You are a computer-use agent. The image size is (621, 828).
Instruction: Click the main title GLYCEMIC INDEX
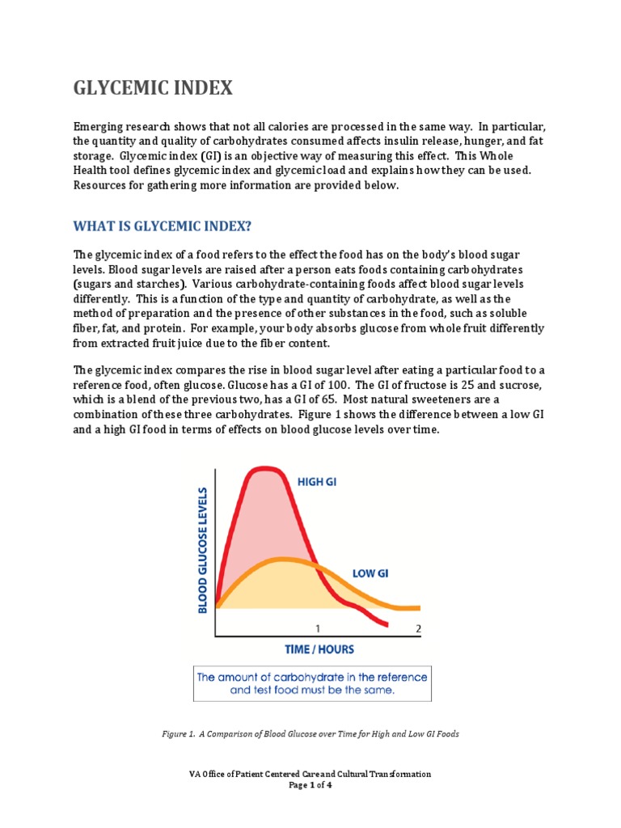pos(154,88)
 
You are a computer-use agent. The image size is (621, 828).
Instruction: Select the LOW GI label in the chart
pos(371,572)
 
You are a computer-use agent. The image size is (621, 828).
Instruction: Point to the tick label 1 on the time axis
pos(318,627)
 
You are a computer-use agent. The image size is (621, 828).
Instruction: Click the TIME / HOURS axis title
pos(319,648)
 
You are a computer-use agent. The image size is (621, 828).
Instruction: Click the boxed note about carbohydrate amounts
pos(312,683)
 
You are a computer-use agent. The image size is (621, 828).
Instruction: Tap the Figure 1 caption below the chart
pos(310,733)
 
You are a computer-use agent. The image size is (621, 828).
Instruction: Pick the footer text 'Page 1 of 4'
pos(310,784)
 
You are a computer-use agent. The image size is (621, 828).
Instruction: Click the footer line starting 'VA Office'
pos(310,774)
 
